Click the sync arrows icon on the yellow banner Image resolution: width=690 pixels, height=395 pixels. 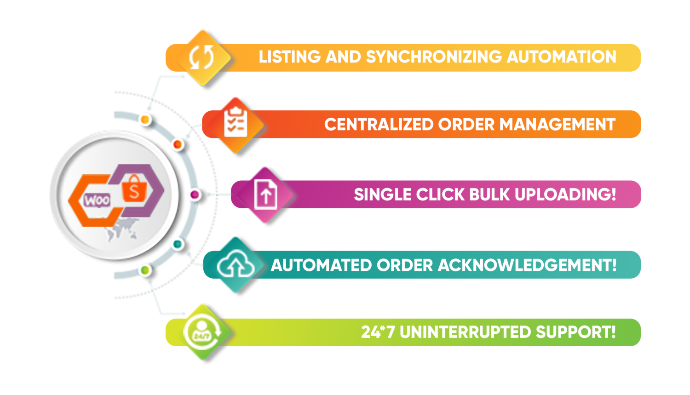tap(201, 57)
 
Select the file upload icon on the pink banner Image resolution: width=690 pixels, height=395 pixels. tap(265, 195)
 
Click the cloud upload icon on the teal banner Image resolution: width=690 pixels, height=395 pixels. tap(236, 265)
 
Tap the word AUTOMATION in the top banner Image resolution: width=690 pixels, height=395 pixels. tap(561, 57)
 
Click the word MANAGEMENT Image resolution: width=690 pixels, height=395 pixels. tap(557, 125)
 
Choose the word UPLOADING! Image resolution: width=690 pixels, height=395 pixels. tap(565, 195)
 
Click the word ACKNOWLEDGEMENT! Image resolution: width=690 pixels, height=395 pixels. tap(527, 265)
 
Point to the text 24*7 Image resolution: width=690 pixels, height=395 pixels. tap(378, 332)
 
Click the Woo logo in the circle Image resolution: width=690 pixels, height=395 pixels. tap(97, 200)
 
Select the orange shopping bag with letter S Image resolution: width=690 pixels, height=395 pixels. tap(134, 189)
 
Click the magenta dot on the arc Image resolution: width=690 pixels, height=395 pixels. tap(195, 195)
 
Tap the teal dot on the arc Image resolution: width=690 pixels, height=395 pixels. tap(178, 244)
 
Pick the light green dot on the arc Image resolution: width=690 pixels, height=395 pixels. tap(145, 270)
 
